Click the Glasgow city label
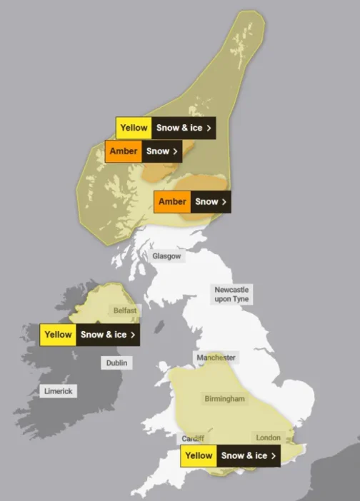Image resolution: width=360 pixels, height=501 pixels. point(167,255)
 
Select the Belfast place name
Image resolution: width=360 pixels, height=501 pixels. point(125,310)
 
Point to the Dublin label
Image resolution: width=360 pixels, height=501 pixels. point(116,363)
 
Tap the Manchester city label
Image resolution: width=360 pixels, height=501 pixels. point(216,357)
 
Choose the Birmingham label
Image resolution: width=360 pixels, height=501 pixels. point(224,398)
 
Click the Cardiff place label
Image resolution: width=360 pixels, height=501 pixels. point(193,438)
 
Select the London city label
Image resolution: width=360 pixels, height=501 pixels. point(268,437)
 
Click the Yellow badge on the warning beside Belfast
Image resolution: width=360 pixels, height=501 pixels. point(58,334)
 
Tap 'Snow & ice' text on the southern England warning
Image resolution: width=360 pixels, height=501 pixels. point(244,455)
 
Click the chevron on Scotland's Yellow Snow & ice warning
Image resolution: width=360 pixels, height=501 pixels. point(209,128)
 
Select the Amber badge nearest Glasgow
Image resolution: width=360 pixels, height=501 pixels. point(172,201)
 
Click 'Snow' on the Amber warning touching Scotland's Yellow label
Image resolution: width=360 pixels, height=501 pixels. point(158,151)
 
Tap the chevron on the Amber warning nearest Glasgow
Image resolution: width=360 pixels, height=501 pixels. point(224,201)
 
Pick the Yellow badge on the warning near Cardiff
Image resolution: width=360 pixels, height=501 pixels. point(198,455)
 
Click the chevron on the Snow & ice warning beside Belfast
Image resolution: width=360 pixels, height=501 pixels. point(133,334)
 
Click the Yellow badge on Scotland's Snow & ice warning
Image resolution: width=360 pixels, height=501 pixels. point(134,128)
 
